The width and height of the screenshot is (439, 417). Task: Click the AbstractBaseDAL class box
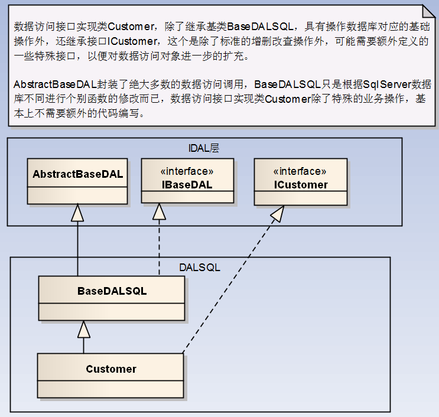77,181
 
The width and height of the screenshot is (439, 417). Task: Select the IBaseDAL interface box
187,181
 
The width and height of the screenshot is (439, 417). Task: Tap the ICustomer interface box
300,182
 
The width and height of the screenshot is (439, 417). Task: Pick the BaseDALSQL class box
112,298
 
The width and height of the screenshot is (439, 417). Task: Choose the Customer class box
110,376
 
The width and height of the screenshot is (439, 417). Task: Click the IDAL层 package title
203,148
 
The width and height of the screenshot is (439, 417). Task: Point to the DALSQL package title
200,268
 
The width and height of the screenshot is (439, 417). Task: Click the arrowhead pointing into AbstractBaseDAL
77,213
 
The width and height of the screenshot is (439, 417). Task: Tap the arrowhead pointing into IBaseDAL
159,211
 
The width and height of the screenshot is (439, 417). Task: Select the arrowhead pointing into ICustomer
278,214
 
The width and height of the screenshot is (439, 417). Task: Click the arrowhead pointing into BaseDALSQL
84,329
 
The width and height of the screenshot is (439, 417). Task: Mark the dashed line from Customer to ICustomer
230,284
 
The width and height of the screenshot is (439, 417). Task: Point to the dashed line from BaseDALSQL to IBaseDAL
159,247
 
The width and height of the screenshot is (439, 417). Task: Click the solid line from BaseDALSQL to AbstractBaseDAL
77,249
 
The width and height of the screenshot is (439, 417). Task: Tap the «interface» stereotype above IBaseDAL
187,171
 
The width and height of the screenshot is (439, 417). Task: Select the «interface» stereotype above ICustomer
300,171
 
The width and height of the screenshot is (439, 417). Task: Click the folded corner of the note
428,11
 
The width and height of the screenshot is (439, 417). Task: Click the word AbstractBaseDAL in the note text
55,84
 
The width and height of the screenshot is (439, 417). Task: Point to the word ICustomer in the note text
132,41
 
